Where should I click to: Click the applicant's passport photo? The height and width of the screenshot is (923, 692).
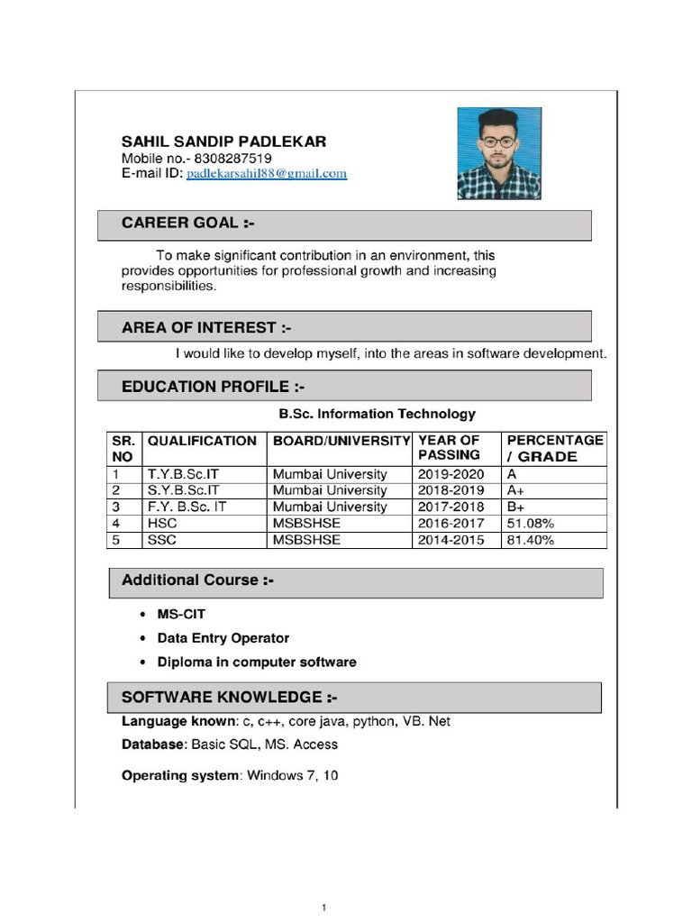point(499,153)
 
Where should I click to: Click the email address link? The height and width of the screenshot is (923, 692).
point(267,174)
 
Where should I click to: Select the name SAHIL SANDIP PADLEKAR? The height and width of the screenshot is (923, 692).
point(223,142)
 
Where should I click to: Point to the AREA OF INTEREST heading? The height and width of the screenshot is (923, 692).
point(206,327)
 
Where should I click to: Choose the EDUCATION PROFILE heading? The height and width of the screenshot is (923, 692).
point(213,387)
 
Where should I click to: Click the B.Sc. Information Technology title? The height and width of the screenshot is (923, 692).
point(377,414)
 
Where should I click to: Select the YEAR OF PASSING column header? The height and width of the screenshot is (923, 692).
point(449,448)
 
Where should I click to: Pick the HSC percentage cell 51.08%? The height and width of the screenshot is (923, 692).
point(531,524)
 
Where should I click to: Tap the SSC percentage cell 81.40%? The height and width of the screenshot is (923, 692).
point(531,541)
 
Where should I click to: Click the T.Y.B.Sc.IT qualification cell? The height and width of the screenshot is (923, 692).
point(183,474)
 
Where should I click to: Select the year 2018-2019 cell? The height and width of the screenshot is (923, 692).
point(451,490)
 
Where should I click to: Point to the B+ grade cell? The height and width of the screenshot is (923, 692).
point(516,507)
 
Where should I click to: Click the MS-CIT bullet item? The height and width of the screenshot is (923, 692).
point(181,614)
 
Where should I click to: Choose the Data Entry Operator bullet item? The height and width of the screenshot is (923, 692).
point(223,638)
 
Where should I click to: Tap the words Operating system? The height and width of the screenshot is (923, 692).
point(180,775)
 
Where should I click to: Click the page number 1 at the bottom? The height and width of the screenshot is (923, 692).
point(323,908)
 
